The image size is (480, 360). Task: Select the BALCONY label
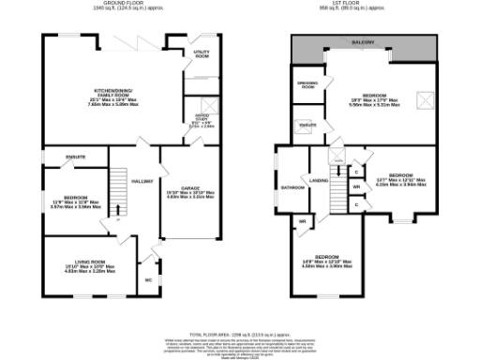click(x=365, y=42)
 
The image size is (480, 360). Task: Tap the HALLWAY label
click(x=142, y=182)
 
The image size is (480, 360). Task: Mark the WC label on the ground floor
click(x=148, y=280)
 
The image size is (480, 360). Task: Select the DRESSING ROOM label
click(x=306, y=85)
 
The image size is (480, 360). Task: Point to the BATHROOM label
click(x=292, y=187)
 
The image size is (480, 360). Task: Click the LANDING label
click(x=319, y=181)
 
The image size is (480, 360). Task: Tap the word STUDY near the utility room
click(x=201, y=120)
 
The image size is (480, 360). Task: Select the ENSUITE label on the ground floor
click(x=76, y=157)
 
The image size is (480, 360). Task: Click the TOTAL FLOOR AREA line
click(x=240, y=332)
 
